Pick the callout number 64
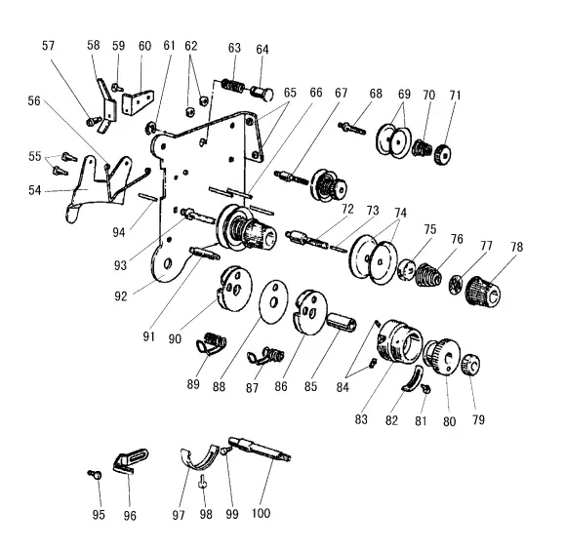[x=262, y=50]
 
